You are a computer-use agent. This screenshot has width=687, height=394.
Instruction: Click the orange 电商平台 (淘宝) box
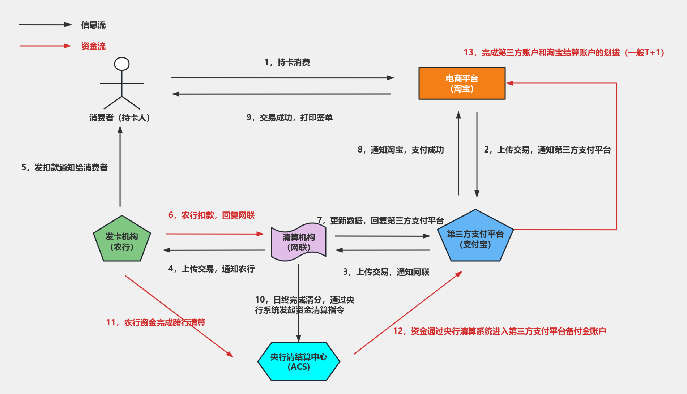point(462,83)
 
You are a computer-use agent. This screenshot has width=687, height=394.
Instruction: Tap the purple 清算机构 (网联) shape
point(299,242)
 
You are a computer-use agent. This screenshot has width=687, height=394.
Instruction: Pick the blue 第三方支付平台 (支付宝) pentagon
point(475,239)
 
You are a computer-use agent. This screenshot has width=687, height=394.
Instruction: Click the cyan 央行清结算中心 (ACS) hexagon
point(299,361)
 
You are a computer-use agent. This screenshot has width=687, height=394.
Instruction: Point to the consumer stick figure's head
point(122,64)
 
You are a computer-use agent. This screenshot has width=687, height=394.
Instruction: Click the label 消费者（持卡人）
point(120,118)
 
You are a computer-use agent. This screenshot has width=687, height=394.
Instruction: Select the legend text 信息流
point(93,25)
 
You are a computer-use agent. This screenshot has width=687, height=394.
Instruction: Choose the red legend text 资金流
point(93,46)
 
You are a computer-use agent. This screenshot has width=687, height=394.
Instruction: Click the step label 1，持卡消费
point(287,63)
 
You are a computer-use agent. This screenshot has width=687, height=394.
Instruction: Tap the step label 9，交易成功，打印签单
point(290,118)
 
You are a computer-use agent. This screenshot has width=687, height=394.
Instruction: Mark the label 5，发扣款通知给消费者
point(64,168)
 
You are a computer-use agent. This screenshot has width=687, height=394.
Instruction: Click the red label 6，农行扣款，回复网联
point(212,215)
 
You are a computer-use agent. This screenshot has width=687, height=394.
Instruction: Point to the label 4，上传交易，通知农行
point(212,269)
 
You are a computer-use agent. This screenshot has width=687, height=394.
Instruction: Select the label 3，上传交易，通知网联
point(386,272)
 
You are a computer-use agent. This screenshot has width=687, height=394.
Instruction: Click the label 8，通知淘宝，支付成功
point(401,150)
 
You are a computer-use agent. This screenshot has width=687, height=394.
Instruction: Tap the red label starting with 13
point(564,53)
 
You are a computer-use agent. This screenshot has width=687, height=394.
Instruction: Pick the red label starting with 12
point(500,331)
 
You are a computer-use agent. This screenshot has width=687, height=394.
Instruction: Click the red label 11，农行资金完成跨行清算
point(155,323)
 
